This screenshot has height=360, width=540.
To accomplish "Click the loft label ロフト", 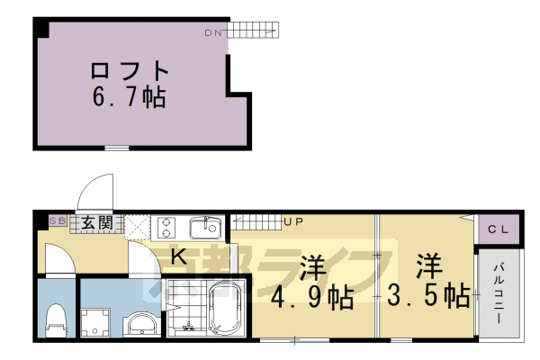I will point(130,69).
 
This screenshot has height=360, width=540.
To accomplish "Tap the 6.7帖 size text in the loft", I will point(130,96).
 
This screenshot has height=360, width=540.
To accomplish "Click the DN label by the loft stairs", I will point(212,33).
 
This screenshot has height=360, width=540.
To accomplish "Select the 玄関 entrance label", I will point(94,220).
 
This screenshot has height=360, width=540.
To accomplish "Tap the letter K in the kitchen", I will point(178,257).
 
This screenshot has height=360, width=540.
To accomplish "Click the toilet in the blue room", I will point(56,317).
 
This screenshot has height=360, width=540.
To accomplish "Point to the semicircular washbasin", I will point(140,323).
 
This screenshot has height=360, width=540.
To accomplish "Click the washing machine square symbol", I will point(94,319).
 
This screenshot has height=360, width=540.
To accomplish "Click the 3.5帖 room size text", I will point(428,294).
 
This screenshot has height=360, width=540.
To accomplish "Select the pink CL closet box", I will point(498,229).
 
